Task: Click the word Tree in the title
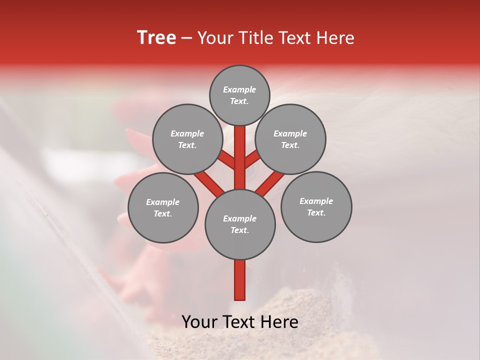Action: (x=156, y=38)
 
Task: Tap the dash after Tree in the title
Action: (x=187, y=38)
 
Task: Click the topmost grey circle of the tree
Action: (x=239, y=95)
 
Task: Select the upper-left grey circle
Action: (x=187, y=139)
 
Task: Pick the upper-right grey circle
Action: (x=290, y=139)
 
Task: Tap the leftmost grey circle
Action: (x=163, y=207)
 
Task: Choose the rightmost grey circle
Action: (x=316, y=206)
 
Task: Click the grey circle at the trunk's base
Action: (x=240, y=224)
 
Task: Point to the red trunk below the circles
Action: (x=240, y=280)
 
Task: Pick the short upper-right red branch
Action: (x=252, y=159)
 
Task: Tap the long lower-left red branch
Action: (x=209, y=182)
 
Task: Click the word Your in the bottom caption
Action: (x=200, y=322)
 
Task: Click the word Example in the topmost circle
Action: (x=239, y=89)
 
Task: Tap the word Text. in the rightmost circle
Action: (x=316, y=212)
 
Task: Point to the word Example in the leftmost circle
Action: (x=163, y=202)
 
